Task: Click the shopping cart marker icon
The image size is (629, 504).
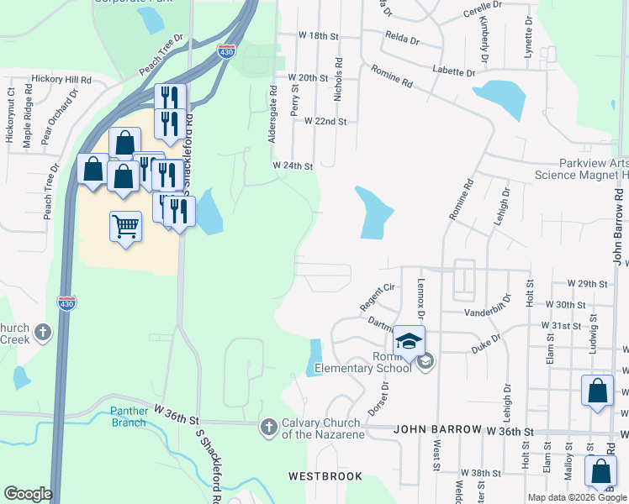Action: coord(125,226)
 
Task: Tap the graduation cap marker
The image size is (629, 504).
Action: coord(410,341)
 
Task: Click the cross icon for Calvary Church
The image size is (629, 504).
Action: coord(268,428)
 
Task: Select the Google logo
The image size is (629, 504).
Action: coord(28,494)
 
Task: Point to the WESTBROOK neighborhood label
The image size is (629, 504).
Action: coord(319,475)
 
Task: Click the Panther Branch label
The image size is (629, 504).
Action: coord(129,417)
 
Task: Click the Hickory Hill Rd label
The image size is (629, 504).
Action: coord(61,79)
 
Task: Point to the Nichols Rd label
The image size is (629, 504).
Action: coord(339,80)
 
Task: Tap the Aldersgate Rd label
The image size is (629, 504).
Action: coord(273,113)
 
